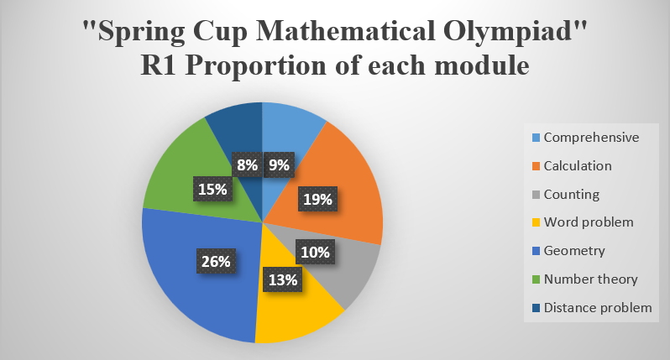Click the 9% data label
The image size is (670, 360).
[x=279, y=164]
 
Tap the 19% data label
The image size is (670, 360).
[x=317, y=199]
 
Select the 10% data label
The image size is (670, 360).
[x=316, y=252]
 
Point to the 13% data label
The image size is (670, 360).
[x=283, y=279]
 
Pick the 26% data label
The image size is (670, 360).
[x=216, y=261]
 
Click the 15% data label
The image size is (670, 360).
[x=212, y=188]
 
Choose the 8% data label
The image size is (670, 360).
[x=247, y=164]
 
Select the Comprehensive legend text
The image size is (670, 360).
[x=591, y=138]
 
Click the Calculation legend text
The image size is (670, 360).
[x=578, y=165]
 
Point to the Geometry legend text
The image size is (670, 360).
[x=574, y=251]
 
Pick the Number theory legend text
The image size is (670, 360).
[x=590, y=279]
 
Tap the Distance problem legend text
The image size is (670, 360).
[x=598, y=307]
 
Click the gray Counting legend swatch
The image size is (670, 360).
[x=537, y=195]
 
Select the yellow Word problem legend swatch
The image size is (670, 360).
[x=537, y=222]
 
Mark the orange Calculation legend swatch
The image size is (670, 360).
[x=537, y=166]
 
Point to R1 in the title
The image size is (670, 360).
[x=158, y=65]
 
